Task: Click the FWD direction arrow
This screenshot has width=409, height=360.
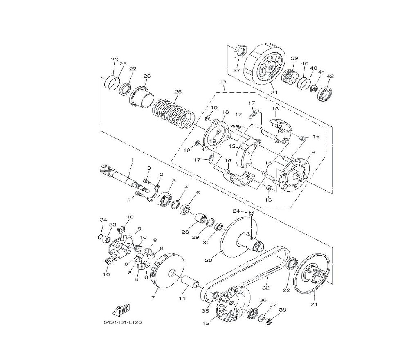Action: point(121,310)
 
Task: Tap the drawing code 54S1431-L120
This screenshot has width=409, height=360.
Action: point(123,322)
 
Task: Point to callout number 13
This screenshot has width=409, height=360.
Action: point(223,82)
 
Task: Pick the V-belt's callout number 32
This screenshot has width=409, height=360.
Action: point(266,288)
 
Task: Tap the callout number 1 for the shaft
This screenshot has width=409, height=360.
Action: point(132,159)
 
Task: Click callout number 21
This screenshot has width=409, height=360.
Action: point(314,304)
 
